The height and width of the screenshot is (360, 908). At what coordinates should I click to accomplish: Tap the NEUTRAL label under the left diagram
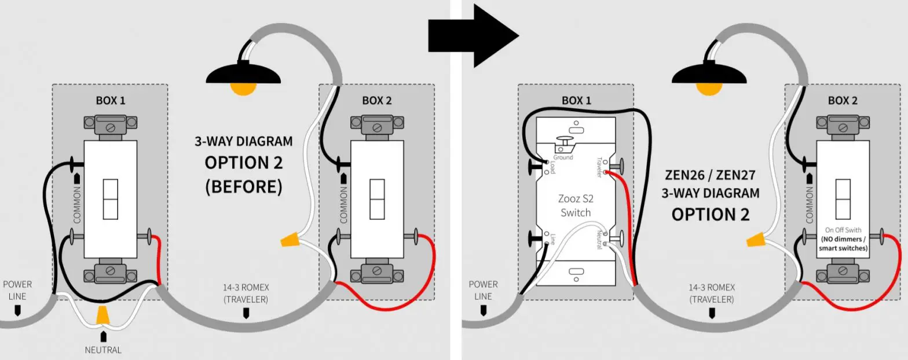point(103,350)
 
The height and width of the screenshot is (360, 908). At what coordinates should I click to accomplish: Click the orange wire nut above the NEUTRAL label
point(103,316)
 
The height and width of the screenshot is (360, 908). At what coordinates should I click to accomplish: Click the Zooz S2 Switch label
point(576,206)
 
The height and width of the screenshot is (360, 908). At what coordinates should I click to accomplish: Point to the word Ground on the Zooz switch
point(562,157)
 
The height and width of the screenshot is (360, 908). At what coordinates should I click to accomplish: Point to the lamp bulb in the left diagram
point(243,88)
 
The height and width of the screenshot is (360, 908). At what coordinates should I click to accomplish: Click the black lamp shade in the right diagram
point(709,74)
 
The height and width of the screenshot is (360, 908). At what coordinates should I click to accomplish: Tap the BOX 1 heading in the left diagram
point(110,100)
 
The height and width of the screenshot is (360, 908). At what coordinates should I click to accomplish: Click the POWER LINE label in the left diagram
point(17,290)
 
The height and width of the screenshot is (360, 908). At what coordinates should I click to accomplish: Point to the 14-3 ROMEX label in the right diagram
point(712,288)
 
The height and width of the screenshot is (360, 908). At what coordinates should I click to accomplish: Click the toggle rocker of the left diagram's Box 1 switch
point(110,199)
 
